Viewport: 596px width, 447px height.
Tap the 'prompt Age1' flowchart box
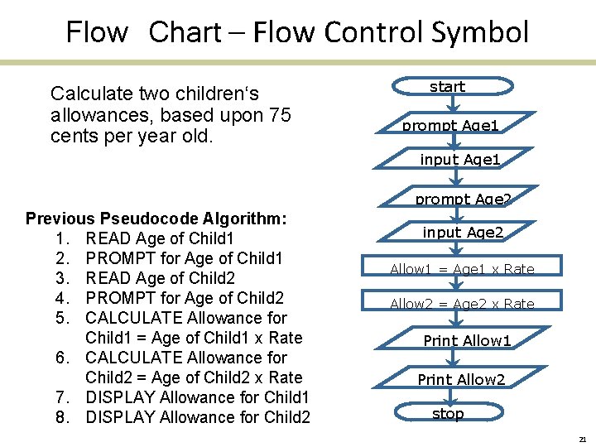point(450,125)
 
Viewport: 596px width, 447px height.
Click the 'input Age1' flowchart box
point(460,159)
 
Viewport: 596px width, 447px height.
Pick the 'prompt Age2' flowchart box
point(463,199)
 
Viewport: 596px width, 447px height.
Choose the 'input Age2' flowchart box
point(463,233)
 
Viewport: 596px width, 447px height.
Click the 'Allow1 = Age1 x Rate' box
point(462,269)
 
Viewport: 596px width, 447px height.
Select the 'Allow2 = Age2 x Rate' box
point(462,304)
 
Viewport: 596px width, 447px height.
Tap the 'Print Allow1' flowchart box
point(467,340)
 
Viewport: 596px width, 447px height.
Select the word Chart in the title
point(185,32)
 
